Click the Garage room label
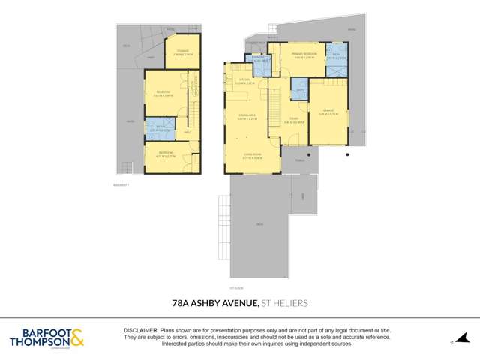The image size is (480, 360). [x=328, y=114]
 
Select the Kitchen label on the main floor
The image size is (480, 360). [x=243, y=82]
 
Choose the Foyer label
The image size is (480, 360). [x=294, y=118]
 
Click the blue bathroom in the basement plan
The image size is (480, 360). [x=158, y=128]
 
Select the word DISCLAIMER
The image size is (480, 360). [x=139, y=330]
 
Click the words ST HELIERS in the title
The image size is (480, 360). [x=283, y=304]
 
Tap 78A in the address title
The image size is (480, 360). [x=180, y=304]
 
